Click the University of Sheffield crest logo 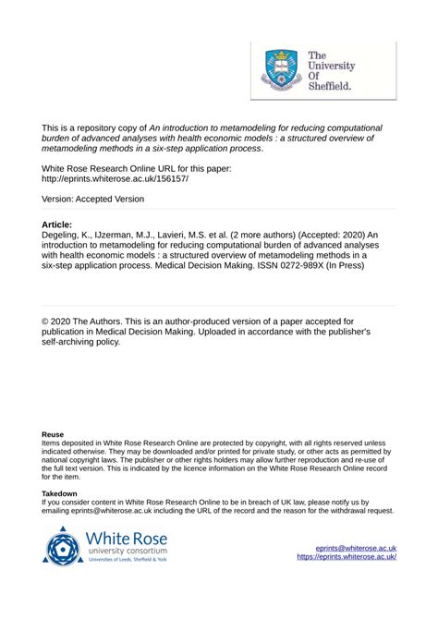pyautogui.click(x=283, y=68)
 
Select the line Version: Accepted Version pyautogui.click(x=93, y=199)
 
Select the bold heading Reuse pyautogui.click(x=53, y=433)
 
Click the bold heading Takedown pyautogui.click(x=60, y=494)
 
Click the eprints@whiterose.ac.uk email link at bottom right pyautogui.click(x=356, y=548)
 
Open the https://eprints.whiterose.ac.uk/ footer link pyautogui.click(x=347, y=557)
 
